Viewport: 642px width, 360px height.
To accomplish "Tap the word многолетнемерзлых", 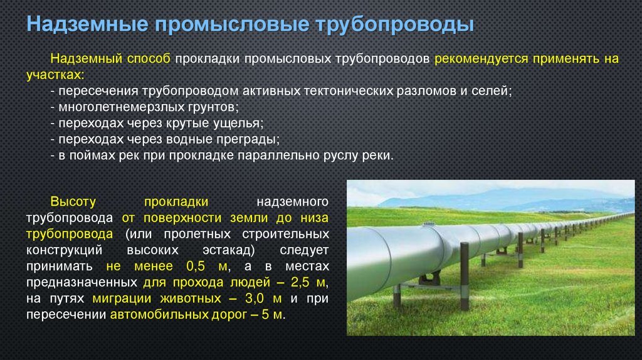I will click(x=125, y=107).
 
